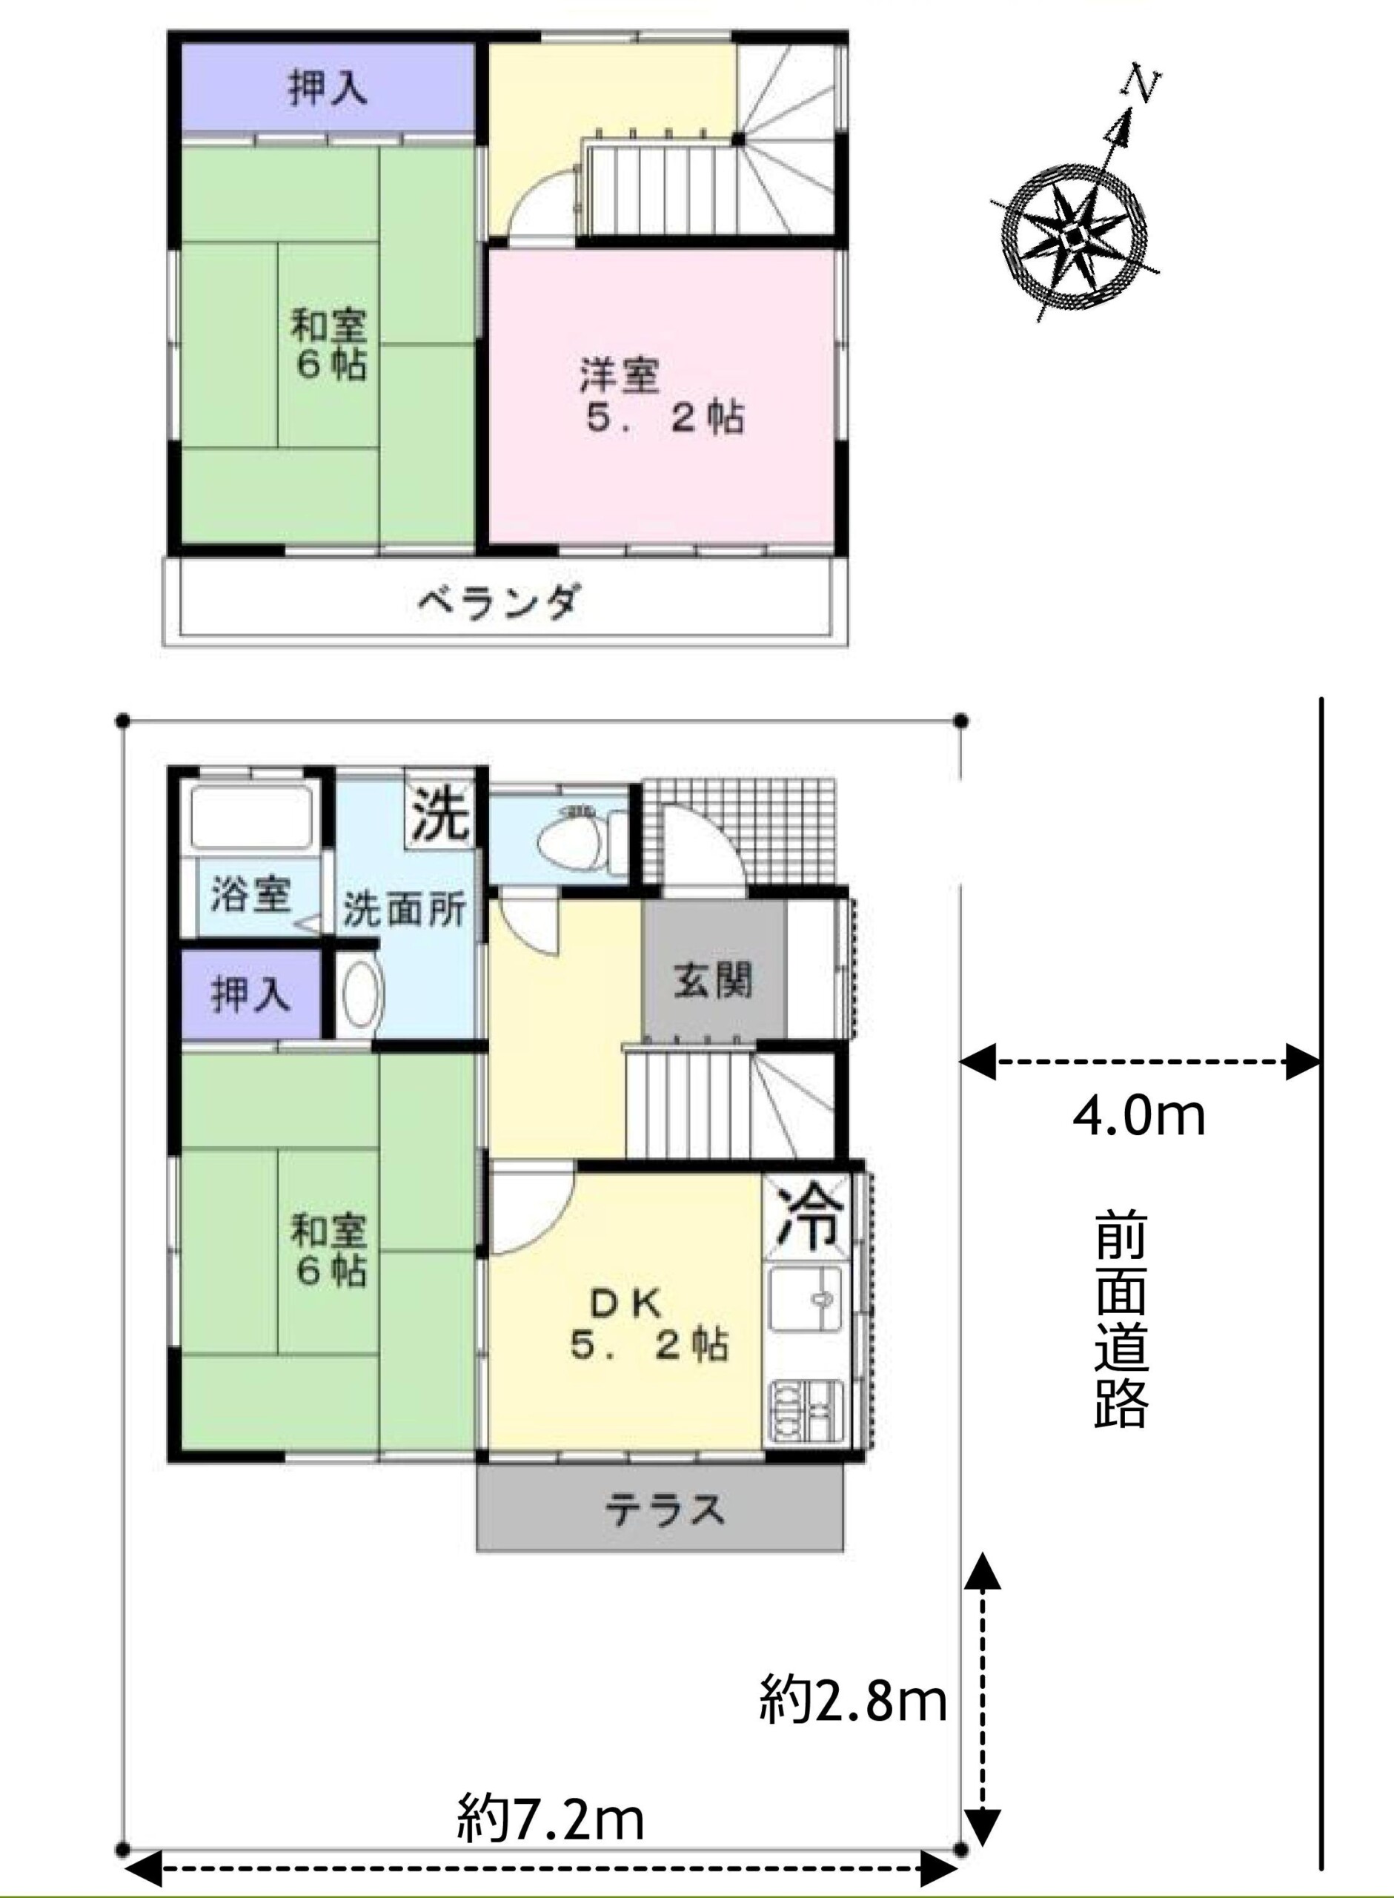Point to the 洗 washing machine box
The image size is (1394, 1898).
click(x=439, y=813)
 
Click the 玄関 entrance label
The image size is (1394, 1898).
click(x=713, y=980)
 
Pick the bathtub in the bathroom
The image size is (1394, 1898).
click(x=251, y=816)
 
